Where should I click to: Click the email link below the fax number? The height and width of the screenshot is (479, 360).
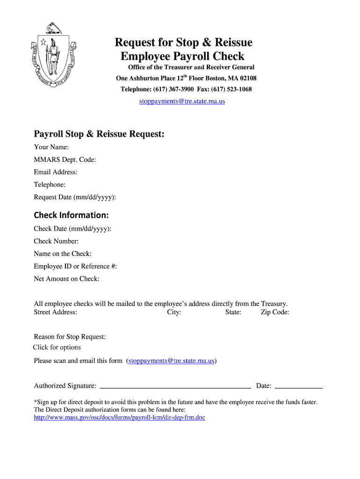(x=182, y=101)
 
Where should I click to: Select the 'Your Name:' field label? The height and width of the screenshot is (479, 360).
(x=51, y=147)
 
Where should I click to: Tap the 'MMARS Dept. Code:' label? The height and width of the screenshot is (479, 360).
(x=65, y=160)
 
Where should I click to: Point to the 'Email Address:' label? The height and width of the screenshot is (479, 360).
(x=56, y=172)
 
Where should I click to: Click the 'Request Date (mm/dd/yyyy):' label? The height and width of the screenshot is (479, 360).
(x=75, y=197)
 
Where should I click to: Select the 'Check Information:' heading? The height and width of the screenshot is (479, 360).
(x=71, y=215)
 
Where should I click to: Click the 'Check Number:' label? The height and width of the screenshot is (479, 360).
(x=56, y=241)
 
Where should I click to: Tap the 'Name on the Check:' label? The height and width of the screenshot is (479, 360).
(x=63, y=254)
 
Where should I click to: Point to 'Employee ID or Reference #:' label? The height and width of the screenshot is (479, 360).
(x=75, y=267)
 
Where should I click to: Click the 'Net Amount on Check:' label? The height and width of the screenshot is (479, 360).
(x=66, y=279)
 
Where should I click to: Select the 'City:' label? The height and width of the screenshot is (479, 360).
(x=174, y=312)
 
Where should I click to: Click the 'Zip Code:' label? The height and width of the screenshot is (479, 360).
(x=275, y=312)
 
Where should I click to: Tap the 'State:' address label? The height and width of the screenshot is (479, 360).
(x=233, y=312)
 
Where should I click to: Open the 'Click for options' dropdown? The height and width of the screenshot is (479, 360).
(x=57, y=348)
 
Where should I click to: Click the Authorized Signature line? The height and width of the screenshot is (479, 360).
(x=176, y=386)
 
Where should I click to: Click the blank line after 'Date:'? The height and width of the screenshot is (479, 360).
(x=298, y=386)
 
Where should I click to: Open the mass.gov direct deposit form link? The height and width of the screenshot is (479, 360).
(x=119, y=417)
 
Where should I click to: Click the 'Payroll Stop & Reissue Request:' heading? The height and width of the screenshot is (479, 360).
(x=99, y=134)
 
